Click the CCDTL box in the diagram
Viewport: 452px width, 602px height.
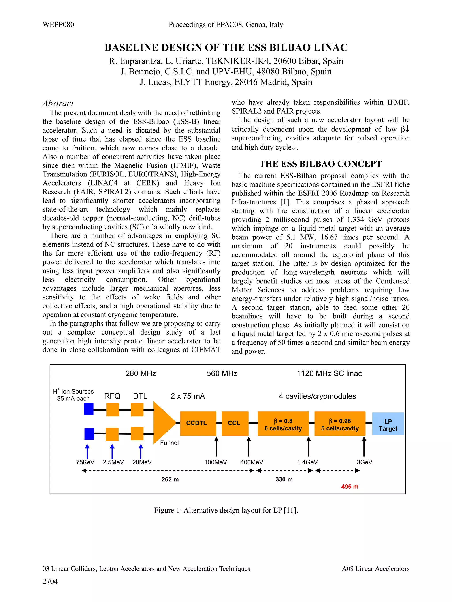(198, 424)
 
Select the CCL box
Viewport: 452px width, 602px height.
(235, 424)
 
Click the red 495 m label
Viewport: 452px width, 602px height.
(350, 487)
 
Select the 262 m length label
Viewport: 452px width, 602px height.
(170, 479)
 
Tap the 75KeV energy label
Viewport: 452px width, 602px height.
(85, 462)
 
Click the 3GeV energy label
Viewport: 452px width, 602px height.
(364, 462)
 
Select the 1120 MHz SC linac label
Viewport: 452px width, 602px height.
(329, 373)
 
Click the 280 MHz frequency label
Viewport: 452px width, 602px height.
(141, 373)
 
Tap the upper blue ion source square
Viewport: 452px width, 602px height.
(89, 409)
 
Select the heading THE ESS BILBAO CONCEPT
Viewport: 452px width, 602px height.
(320, 164)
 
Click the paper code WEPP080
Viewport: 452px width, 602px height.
(58, 25)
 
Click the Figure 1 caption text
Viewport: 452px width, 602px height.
(226, 510)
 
